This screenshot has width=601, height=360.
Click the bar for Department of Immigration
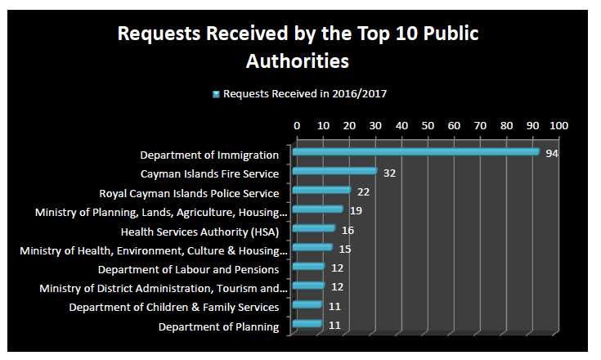[x=415, y=151]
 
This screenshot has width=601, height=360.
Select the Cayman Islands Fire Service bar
[x=334, y=171]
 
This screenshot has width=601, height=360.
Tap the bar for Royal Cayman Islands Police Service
[x=321, y=190]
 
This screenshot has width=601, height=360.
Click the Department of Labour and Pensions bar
[x=308, y=267]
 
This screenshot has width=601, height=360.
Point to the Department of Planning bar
[x=307, y=325]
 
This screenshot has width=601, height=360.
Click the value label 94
[x=552, y=155]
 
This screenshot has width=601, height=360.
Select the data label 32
[x=389, y=173]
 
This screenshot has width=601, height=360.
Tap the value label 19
[x=356, y=212]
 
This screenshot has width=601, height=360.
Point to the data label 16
[x=348, y=232]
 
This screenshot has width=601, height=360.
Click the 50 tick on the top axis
[x=428, y=126]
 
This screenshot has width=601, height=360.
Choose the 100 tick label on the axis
[x=558, y=126]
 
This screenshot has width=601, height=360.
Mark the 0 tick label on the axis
[x=297, y=126]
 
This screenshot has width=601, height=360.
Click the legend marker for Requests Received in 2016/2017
[x=216, y=94]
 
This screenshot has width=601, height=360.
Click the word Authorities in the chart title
[x=298, y=61]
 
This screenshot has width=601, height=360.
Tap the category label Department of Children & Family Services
[x=174, y=308]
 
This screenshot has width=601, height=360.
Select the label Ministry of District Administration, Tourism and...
[x=164, y=288]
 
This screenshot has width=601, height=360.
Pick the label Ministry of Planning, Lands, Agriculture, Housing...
[x=161, y=212]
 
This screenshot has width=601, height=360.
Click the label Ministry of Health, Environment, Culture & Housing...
[x=154, y=250]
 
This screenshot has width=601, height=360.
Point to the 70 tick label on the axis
[x=480, y=126]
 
